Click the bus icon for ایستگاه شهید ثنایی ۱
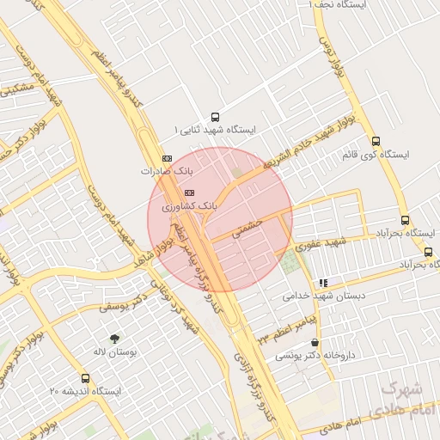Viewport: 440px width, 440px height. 214,118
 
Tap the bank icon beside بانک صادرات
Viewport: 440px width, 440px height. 166,158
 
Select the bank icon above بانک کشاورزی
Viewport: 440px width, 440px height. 189,192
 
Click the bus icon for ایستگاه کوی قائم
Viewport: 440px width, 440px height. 376,141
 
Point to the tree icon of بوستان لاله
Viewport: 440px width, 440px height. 113,338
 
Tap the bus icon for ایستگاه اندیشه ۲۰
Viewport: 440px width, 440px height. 85,378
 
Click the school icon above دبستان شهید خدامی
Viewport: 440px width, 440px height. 322,282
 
